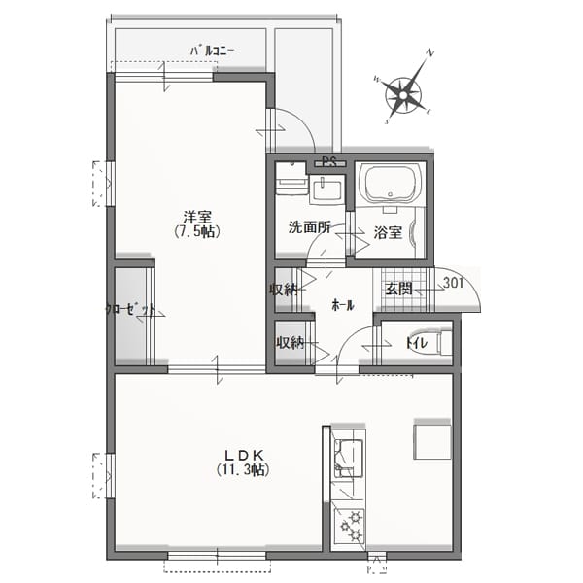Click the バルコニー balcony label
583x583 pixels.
tap(212, 51)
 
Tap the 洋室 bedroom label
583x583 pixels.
tap(197, 217)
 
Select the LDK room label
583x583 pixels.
tap(244, 455)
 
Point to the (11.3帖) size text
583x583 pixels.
tap(243, 470)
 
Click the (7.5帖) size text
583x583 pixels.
tap(197, 231)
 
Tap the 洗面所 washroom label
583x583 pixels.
tap(309, 227)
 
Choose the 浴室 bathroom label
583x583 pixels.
tap(388, 233)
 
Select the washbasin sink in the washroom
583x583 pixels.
tap(327, 189)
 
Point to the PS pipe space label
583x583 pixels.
tap(329, 161)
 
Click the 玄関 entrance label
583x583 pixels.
tap(399, 289)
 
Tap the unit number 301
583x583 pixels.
tap(453, 283)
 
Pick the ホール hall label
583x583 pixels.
tap(342, 306)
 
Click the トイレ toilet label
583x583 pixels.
tap(417, 343)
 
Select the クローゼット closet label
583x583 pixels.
tap(130, 309)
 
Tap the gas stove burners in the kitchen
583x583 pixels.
tap(349, 525)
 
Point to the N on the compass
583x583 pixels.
tap(430, 52)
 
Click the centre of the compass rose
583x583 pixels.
tap(403, 96)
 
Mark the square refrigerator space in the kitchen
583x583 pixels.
tap(432, 441)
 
